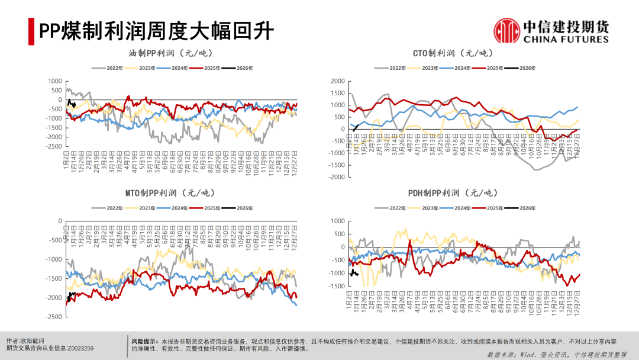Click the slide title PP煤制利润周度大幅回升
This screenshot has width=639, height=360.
point(157,30)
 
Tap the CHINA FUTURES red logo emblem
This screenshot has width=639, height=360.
point(506,31)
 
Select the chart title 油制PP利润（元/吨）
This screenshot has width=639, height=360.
point(170,53)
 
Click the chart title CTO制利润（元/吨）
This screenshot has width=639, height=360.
point(453,53)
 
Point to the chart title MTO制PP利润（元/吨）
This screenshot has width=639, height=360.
point(170,193)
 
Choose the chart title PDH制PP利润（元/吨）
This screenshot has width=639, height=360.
point(453,193)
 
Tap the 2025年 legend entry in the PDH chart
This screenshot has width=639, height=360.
point(495,208)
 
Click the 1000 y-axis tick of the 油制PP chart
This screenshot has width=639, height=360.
point(54,81)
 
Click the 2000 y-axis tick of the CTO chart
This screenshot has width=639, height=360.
point(337,81)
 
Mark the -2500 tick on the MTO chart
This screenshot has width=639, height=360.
point(53,317)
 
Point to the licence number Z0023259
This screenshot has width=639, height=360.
point(80,349)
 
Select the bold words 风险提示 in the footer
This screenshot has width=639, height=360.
point(144,342)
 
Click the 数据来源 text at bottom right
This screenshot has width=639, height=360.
point(501,355)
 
